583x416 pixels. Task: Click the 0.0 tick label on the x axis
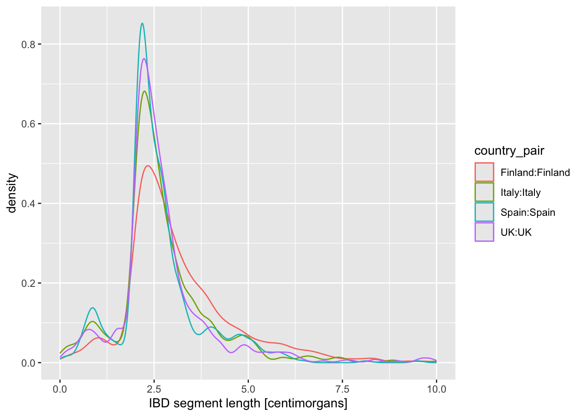coord(60,389)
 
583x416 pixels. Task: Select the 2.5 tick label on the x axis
coord(154,389)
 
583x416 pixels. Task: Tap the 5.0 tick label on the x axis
coord(248,389)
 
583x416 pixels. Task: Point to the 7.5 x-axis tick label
coord(342,389)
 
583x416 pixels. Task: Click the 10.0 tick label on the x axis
coord(436,389)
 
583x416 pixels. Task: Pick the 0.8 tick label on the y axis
coord(29,44)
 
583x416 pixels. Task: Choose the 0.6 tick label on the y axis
coord(29,124)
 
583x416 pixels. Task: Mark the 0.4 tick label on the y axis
coord(29,204)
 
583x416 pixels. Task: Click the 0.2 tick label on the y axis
coord(29,283)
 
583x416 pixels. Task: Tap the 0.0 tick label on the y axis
coord(29,363)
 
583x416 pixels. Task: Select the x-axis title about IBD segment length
coord(248,403)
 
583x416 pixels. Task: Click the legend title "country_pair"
coord(509,151)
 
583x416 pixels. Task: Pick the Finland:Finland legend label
coord(535,172)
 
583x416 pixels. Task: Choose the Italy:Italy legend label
coord(521,192)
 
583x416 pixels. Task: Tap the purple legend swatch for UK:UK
coord(484,232)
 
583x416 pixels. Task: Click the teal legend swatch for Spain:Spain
coord(484,212)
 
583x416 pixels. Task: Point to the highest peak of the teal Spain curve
coord(142,23)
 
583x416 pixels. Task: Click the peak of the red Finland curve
coord(148,166)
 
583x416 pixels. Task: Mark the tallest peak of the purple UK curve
coord(144,58)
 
